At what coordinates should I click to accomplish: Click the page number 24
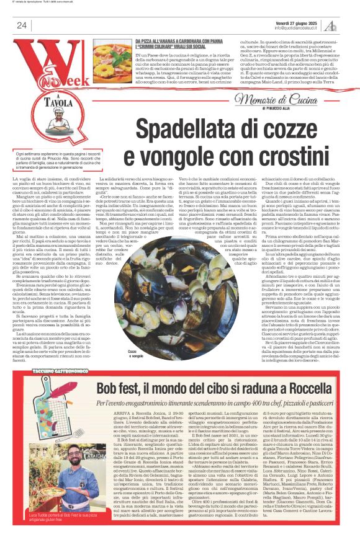(21, 25)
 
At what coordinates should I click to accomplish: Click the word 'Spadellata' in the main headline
(180, 130)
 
